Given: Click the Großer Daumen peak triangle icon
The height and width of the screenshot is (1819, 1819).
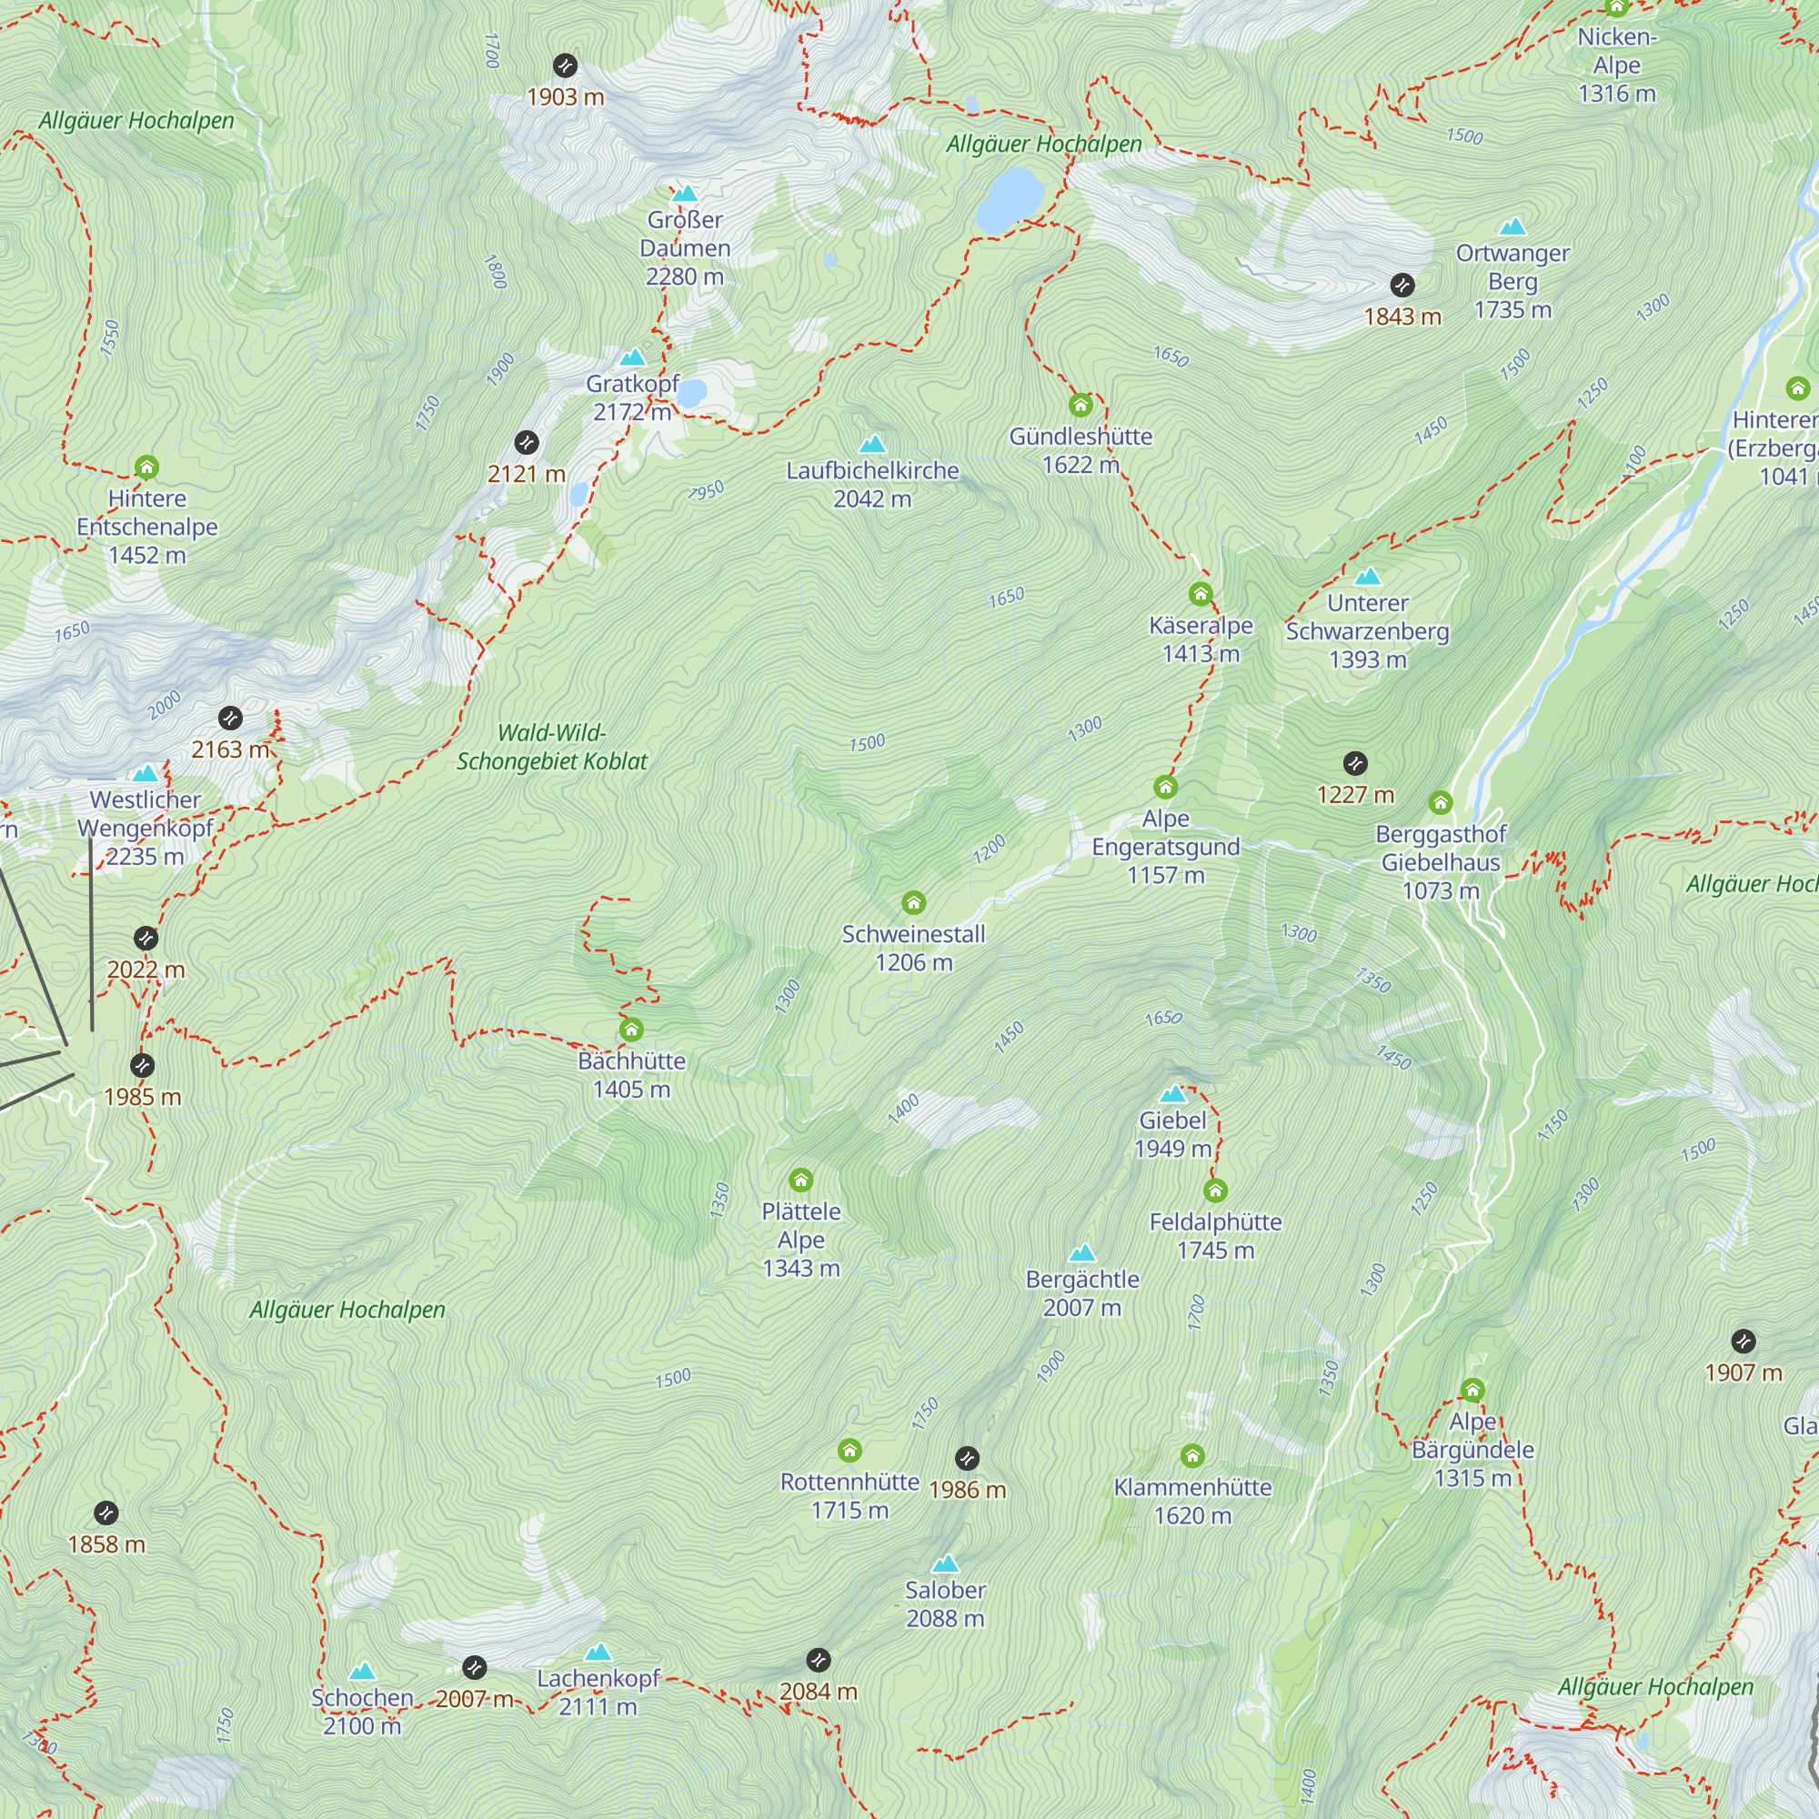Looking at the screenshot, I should (686, 194).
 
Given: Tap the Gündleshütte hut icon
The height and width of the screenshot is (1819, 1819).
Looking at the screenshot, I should (1080, 406).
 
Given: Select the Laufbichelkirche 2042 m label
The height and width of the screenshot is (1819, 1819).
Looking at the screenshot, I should (872, 484).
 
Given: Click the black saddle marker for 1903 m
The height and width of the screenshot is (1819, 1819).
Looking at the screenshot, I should (565, 65).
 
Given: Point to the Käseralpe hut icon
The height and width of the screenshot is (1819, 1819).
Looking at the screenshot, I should (1200, 594).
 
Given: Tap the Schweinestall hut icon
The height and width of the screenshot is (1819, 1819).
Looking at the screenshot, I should (913, 904).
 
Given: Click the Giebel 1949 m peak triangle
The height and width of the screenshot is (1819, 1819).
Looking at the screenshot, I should (1172, 1094).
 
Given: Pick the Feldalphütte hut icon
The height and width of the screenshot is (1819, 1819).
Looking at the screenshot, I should (1214, 1191).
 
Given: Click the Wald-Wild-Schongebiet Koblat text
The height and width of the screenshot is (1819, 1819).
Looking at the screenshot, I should (552, 747).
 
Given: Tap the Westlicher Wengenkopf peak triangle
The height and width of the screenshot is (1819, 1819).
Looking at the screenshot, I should (145, 774).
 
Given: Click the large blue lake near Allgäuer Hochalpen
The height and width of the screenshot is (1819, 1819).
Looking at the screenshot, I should (1010, 199).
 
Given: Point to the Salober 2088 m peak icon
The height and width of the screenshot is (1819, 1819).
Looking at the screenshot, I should (944, 1563).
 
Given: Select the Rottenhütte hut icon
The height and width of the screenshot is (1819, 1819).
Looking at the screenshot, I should (849, 1450).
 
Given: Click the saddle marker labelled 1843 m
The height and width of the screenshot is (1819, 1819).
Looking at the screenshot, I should (1402, 286).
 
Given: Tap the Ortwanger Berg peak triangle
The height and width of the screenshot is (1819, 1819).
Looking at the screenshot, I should (1512, 226).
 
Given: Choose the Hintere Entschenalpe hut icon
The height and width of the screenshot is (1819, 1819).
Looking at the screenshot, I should (146, 467).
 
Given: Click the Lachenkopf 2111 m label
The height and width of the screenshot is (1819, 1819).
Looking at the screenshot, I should (598, 1692).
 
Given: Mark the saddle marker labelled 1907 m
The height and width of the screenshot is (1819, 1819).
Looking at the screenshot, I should (1743, 1342).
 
